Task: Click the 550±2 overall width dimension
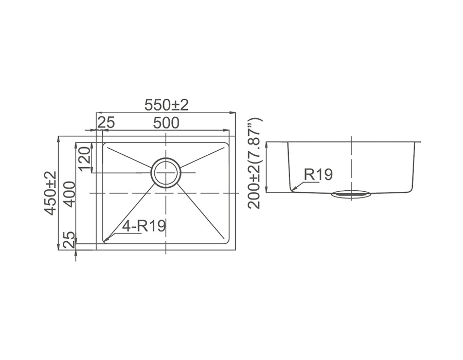166,105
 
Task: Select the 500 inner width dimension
166,123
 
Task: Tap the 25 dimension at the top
106,123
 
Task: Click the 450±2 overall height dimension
51,193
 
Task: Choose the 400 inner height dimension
69,193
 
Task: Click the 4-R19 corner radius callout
145,226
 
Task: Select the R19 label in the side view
318,174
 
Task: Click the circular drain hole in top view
166,172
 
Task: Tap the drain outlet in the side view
351,194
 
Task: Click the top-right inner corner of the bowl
228,144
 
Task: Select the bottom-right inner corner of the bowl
228,242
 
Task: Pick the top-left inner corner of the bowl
103,144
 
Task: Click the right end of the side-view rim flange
420,141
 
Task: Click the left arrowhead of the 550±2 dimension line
99,112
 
